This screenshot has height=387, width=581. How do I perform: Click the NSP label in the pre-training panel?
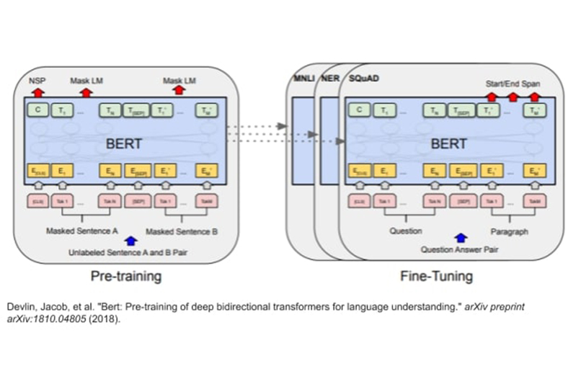tap(37, 80)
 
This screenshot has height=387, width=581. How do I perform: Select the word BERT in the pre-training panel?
tap(123, 143)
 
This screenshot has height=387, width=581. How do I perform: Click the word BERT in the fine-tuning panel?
tap(448, 143)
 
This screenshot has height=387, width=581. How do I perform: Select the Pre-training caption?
tap(125, 276)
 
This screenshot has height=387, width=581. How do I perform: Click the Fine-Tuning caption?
tap(437, 276)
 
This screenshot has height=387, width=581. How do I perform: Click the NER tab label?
tap(329, 78)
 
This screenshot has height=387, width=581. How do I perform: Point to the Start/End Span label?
tap(513, 84)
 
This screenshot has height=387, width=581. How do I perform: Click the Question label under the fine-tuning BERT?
tap(406, 231)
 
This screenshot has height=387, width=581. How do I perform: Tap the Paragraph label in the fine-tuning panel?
tap(509, 231)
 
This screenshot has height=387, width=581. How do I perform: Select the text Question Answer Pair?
tap(460, 249)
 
